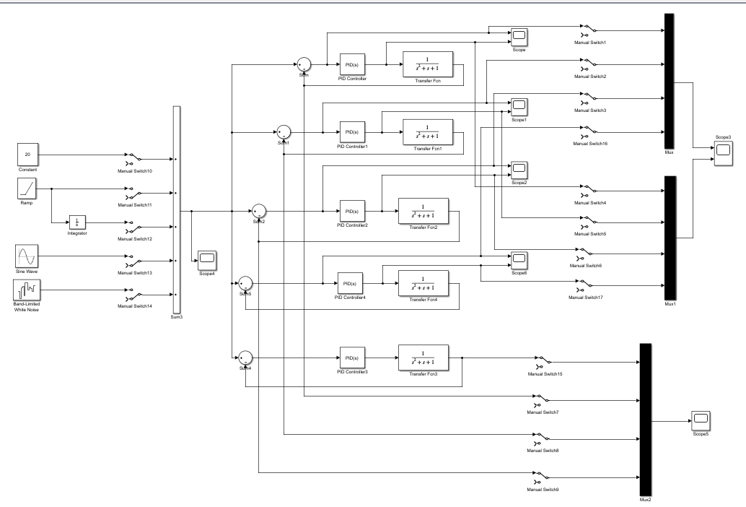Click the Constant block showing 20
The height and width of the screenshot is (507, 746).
[x=27, y=154]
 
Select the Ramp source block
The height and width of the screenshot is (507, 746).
[x=27, y=190]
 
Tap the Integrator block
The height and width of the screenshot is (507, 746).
[x=77, y=221]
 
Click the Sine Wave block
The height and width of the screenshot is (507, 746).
[x=27, y=256]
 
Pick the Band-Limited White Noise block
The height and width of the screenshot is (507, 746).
[x=27, y=291]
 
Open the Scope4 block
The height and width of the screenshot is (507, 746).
[x=207, y=258]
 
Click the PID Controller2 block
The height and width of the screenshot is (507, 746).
[x=351, y=212]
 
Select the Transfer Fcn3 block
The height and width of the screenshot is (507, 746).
[x=423, y=357]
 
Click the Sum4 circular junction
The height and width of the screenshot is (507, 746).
[x=246, y=357]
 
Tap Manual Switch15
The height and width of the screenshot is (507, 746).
[x=545, y=359]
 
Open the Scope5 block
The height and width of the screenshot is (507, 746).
[x=700, y=419]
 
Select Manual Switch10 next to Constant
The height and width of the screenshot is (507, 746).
[x=134, y=157]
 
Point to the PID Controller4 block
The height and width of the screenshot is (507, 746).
[x=350, y=284]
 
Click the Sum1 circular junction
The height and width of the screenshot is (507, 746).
[x=284, y=133]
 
